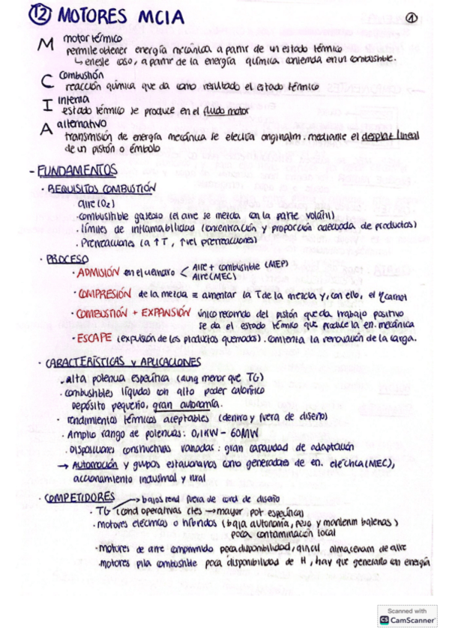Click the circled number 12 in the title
coord(40,16)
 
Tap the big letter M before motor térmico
coord(46,45)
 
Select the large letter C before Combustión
coord(46,80)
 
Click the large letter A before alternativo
coord(46,129)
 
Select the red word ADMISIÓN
coord(99,272)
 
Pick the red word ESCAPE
coord(95,338)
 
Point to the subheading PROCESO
coord(67,258)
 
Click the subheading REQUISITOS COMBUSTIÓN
coord(102,189)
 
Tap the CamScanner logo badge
coord(407,616)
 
